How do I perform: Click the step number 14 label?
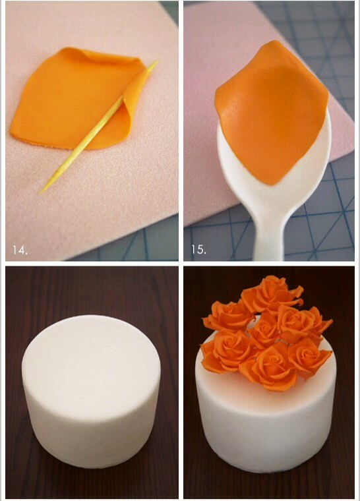tap(20, 250)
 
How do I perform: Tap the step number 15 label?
tap(198, 249)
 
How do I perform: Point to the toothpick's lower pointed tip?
tap(41, 192)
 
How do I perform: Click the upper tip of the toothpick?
tap(157, 61)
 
